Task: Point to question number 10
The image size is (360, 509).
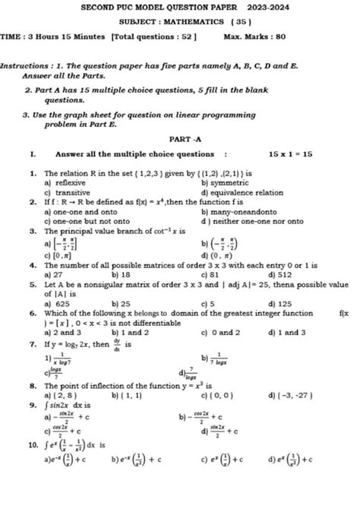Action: point(33,441)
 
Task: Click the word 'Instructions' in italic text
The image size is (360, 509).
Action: point(25,67)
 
